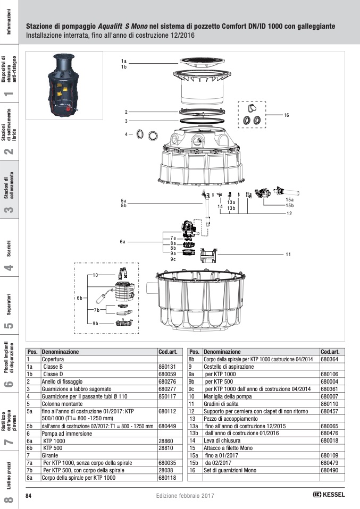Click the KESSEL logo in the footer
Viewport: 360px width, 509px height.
click(329, 495)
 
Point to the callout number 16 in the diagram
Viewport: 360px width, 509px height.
click(286, 115)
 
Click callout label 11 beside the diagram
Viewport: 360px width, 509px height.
click(288, 254)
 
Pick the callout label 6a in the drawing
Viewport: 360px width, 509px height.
click(123, 242)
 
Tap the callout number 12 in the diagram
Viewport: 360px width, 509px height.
click(289, 214)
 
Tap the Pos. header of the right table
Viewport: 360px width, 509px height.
click(194, 352)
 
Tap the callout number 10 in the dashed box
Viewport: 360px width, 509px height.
click(96, 275)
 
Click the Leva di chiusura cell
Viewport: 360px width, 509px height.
click(219, 441)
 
